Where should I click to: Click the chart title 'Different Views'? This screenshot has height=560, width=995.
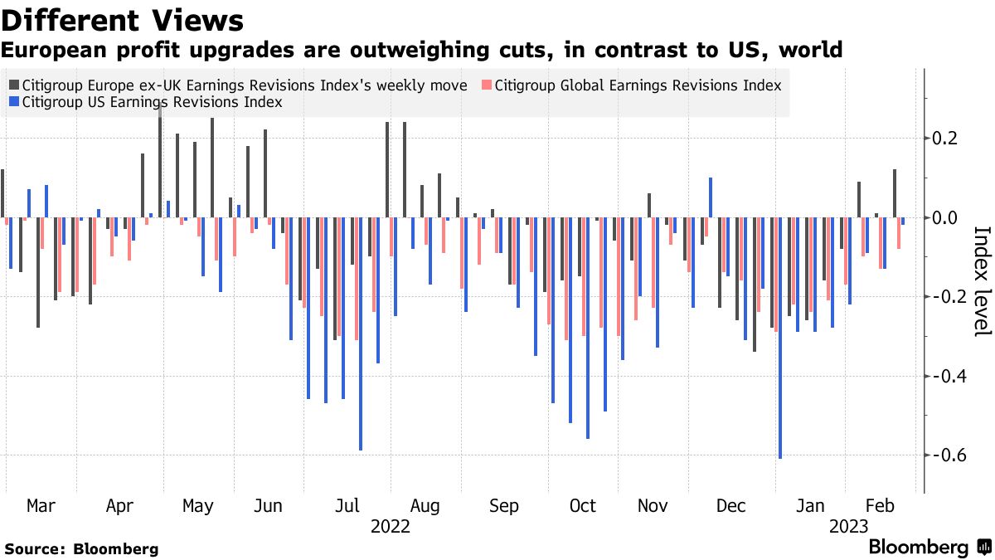tap(123, 20)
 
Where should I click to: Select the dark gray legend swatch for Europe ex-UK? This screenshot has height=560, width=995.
tap(14, 85)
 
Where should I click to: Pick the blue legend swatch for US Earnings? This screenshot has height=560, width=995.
tap(14, 103)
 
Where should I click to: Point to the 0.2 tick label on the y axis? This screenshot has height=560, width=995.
tap(945, 138)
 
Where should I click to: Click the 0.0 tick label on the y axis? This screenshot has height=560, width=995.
tap(945, 217)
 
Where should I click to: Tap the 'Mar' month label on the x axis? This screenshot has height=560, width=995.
tap(41, 506)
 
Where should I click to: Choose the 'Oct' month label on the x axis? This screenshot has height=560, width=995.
tap(583, 506)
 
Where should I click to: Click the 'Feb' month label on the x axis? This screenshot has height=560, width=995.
tap(881, 506)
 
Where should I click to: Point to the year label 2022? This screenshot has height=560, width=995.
tap(391, 526)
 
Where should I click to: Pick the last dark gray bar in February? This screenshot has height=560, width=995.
tap(895, 193)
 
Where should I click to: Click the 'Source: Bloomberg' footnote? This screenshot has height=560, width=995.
tap(81, 549)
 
